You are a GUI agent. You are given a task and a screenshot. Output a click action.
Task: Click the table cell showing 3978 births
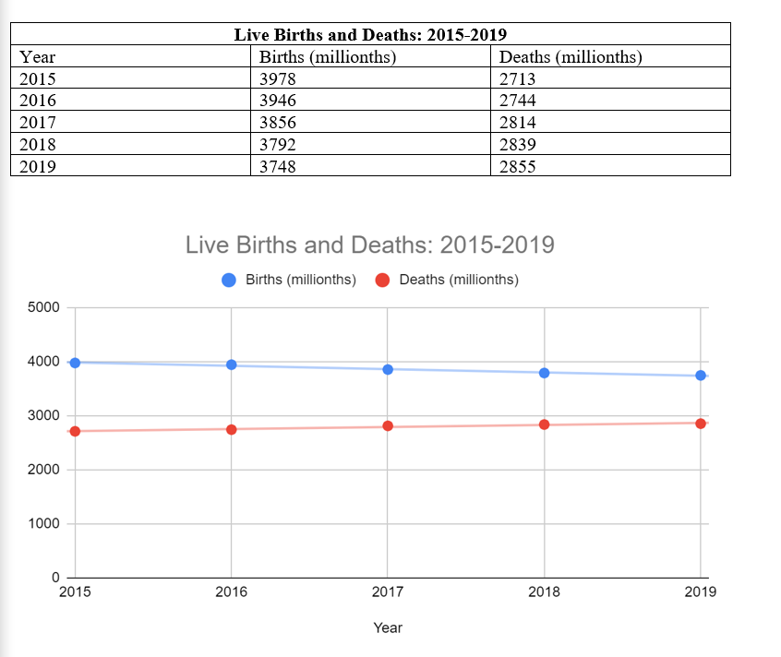point(278,78)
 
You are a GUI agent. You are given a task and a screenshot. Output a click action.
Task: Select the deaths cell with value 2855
point(518,167)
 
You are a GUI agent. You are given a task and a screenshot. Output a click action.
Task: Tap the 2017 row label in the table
point(38,123)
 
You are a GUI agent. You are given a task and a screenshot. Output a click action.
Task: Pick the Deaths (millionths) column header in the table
point(571,57)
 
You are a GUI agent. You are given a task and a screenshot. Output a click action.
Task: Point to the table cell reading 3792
point(278,145)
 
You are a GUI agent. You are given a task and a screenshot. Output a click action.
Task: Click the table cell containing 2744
point(518,101)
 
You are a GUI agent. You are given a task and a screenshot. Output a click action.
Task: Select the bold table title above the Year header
point(370,35)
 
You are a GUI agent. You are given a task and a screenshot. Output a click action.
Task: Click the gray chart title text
point(370,245)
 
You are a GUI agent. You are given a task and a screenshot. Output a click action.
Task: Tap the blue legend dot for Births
point(230,280)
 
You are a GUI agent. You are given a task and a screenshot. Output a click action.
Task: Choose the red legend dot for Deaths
point(383,280)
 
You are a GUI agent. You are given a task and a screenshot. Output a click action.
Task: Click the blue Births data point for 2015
point(75,363)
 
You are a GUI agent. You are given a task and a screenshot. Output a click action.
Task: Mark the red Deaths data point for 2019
point(701,424)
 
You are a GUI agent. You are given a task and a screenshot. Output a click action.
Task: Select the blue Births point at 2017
point(388,369)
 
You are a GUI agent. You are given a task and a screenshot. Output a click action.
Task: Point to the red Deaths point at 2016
point(232,429)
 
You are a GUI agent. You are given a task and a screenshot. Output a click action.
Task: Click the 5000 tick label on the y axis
point(43,307)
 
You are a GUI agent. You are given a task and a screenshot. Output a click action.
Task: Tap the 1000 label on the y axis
point(43,524)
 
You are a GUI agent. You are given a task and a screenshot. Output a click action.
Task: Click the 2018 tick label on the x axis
point(544,592)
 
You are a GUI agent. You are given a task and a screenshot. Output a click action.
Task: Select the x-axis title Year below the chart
point(388,627)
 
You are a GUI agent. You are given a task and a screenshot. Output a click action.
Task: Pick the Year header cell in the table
point(37,57)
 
